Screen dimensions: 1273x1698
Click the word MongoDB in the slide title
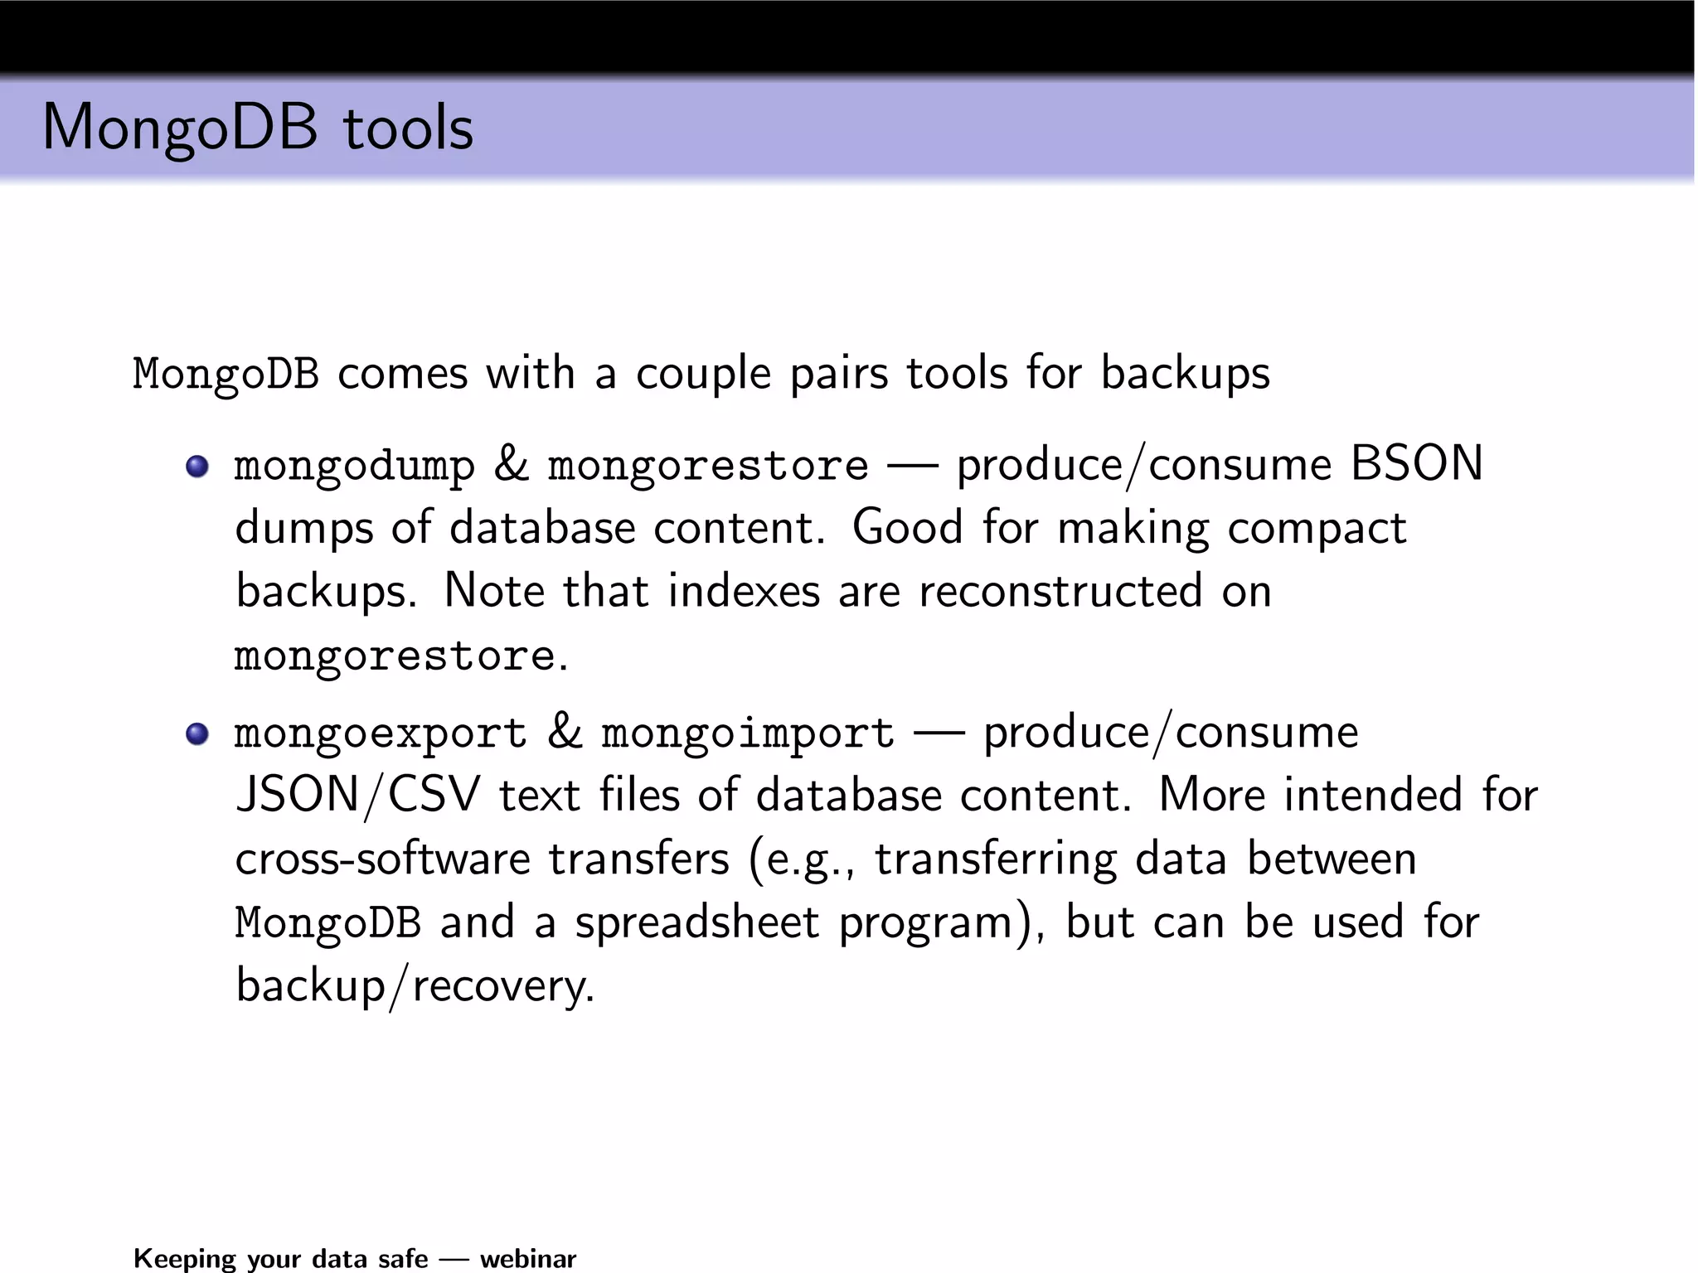[x=180, y=128]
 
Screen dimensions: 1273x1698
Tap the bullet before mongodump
[x=197, y=467]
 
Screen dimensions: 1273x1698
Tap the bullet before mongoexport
[x=197, y=734]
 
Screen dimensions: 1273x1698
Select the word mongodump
[x=355, y=467]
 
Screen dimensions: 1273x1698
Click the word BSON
[x=1416, y=463]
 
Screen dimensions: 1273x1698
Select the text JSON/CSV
[x=358, y=796]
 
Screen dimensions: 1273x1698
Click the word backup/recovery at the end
[x=415, y=986]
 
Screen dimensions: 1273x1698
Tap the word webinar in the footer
[x=528, y=1259]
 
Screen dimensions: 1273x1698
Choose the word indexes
[x=744, y=592]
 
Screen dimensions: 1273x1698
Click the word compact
[x=1317, y=529]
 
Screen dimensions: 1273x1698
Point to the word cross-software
[x=382, y=859]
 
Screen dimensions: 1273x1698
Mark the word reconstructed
[x=1060, y=592]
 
